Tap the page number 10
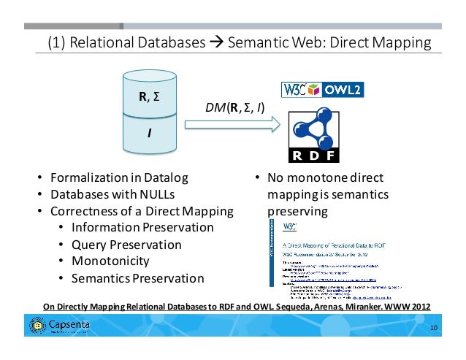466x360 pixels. coord(434,328)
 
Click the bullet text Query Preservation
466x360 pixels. coord(126,244)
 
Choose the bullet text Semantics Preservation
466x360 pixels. coord(137,277)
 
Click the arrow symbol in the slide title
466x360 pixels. coord(216,43)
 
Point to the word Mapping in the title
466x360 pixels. coord(401,43)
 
